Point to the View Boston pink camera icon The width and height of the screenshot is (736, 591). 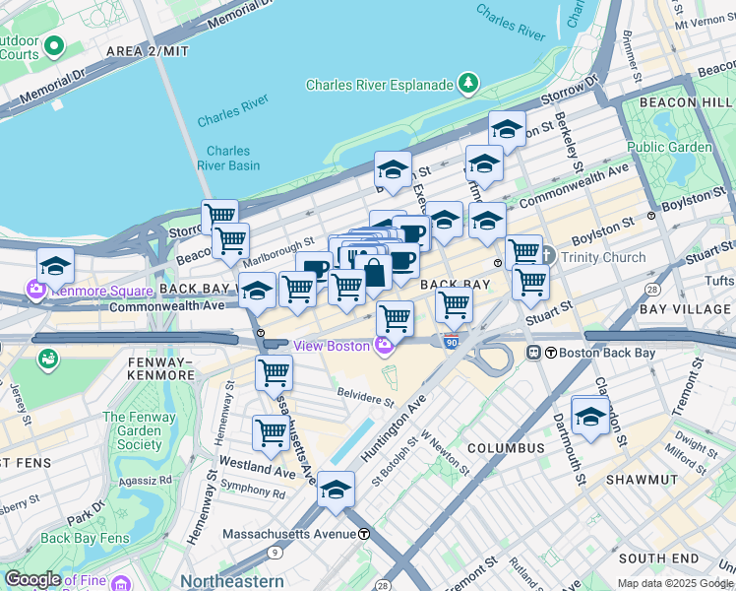(384, 345)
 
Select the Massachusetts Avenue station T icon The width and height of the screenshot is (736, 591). (364, 534)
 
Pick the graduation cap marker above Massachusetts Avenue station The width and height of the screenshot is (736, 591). (336, 489)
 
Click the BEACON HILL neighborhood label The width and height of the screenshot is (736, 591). (685, 102)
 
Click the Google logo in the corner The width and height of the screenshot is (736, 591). (32, 579)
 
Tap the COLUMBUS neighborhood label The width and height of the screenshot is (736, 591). (506, 448)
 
